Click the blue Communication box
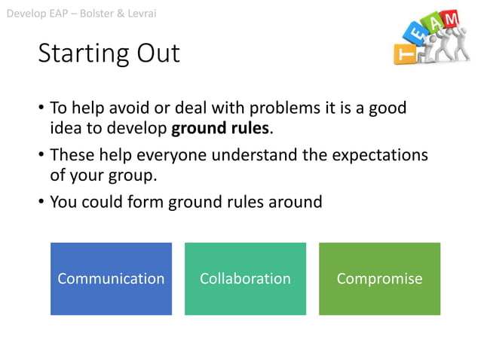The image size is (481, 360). (111, 279)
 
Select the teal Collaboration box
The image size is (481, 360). (245, 279)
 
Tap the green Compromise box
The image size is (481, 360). (379, 279)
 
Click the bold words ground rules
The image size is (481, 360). (220, 128)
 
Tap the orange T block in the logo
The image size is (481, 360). (405, 53)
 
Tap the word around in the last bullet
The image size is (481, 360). (290, 202)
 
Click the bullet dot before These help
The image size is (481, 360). (41, 156)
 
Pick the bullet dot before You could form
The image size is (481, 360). (41, 203)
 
